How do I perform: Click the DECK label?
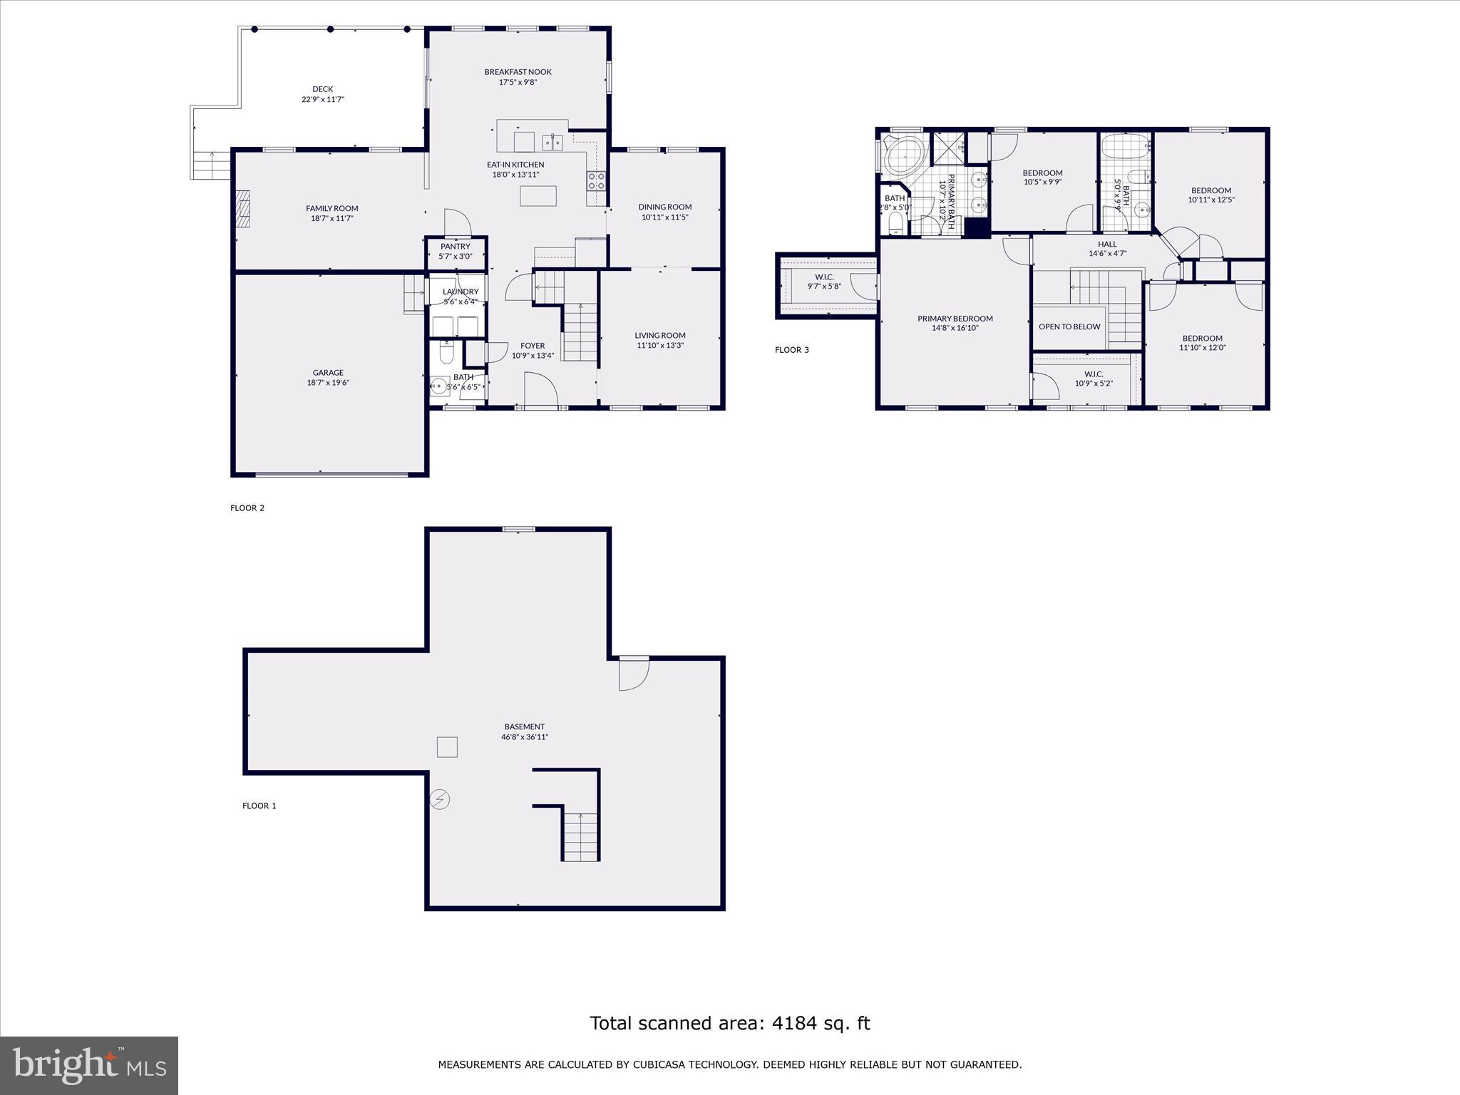point(322,89)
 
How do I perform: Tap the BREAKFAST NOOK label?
point(518,72)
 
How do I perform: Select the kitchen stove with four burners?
point(596,181)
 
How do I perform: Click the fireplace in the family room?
point(244,208)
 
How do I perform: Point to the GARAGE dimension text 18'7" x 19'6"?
point(328,383)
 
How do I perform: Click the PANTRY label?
point(456,247)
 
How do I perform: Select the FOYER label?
point(533,346)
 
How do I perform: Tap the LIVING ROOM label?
point(660,335)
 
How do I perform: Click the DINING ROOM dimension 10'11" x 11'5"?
point(664,217)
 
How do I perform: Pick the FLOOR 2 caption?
point(247,508)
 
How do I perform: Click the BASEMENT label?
point(525,727)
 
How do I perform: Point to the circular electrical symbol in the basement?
point(440,800)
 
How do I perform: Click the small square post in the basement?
point(447,747)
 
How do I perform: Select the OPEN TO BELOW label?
point(1069,327)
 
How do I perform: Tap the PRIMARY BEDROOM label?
point(955,319)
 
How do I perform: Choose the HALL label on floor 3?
point(1107,244)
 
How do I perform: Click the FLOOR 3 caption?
point(792,350)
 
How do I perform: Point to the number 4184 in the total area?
point(788,1024)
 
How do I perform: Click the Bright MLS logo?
point(89,1065)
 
